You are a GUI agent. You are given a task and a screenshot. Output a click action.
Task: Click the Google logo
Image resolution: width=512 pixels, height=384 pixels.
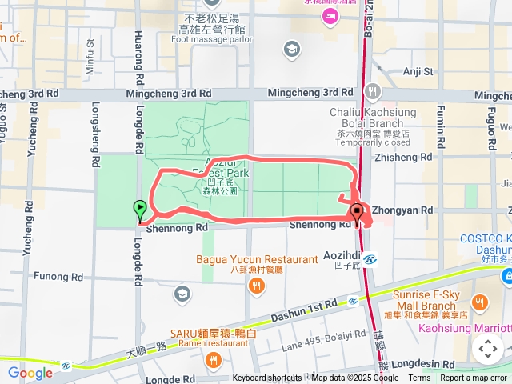(x=30, y=373)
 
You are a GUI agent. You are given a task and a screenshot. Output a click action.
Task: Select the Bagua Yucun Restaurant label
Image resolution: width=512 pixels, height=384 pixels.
(x=257, y=259)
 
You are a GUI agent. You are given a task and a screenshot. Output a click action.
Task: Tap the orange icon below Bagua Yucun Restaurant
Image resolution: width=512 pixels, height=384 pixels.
(x=256, y=287)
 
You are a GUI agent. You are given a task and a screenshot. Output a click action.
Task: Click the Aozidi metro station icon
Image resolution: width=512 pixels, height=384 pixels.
(x=370, y=258)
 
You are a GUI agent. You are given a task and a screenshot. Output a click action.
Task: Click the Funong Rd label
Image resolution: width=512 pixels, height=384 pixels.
(x=60, y=277)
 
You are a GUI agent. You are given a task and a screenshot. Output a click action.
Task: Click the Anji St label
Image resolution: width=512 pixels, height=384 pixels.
(x=418, y=71)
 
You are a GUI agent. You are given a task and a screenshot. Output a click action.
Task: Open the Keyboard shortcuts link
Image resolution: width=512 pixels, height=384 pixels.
(x=267, y=378)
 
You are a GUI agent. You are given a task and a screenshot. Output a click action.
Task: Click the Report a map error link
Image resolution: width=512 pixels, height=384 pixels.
(x=474, y=378)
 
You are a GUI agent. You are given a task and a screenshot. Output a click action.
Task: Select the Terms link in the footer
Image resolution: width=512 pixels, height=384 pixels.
(x=419, y=378)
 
